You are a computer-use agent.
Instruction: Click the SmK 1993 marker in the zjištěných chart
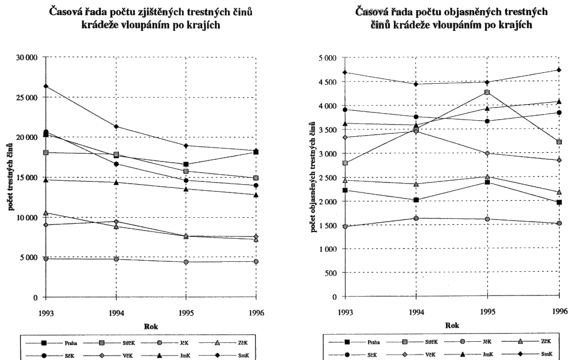(x=46, y=86)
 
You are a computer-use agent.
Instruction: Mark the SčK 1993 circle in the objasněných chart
(x=345, y=109)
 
